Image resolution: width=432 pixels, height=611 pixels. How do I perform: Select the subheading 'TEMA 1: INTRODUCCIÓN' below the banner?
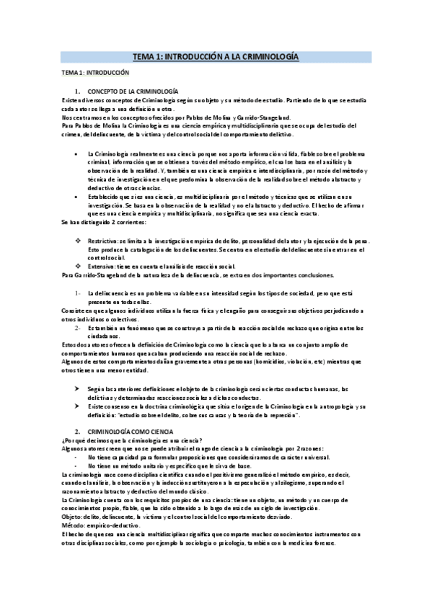pyautogui.click(x=94, y=73)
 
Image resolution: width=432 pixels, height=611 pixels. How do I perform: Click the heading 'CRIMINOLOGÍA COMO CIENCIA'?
pyautogui.click(x=130, y=430)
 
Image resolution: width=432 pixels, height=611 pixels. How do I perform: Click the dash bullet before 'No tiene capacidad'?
pyautogui.click(x=77, y=457)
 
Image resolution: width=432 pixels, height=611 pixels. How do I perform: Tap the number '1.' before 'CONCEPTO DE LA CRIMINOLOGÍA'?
pyautogui.click(x=77, y=91)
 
